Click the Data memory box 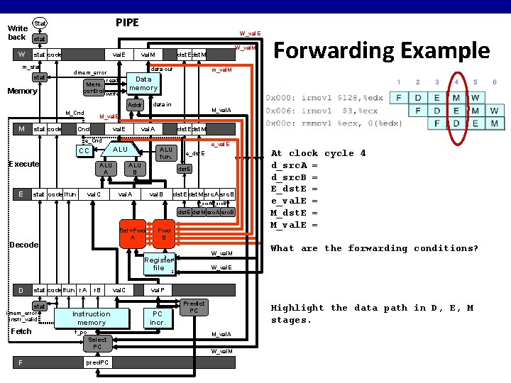point(143,83)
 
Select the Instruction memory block point(91,318)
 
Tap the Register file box point(158,264)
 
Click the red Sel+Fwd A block point(133,234)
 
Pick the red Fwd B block point(164,234)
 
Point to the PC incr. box point(158,318)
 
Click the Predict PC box point(193,307)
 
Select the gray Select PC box point(97,344)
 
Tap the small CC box point(84,151)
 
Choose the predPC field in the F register point(97,362)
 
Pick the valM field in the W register point(148,55)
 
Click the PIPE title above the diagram point(127,23)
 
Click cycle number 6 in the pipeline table point(494,82)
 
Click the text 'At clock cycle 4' point(318,153)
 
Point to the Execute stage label point(23,164)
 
